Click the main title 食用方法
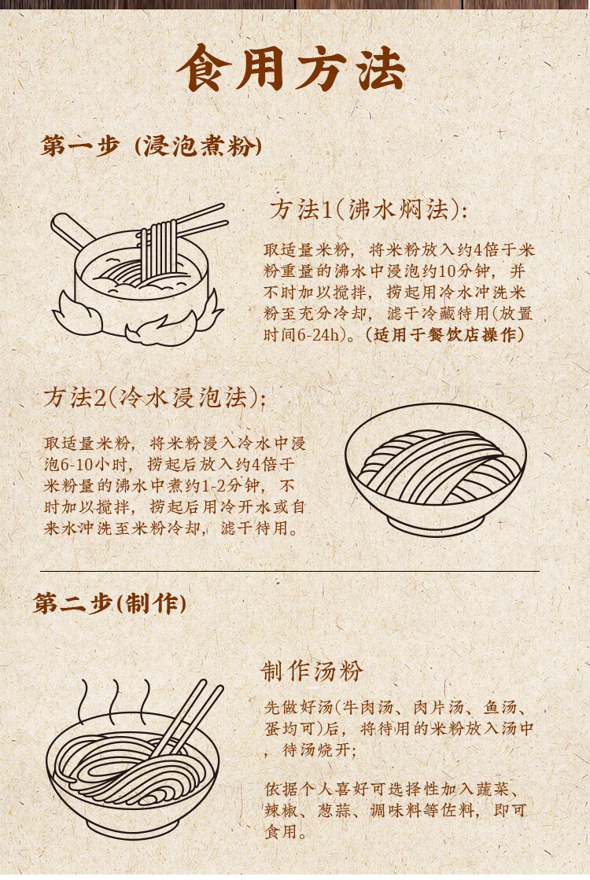click(291, 68)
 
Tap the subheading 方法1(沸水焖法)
click(368, 210)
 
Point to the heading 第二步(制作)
click(109, 604)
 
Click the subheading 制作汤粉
click(312, 672)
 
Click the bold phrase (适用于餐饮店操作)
click(444, 335)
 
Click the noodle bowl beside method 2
click(435, 469)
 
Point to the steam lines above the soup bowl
click(115, 702)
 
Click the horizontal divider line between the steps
click(289, 571)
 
